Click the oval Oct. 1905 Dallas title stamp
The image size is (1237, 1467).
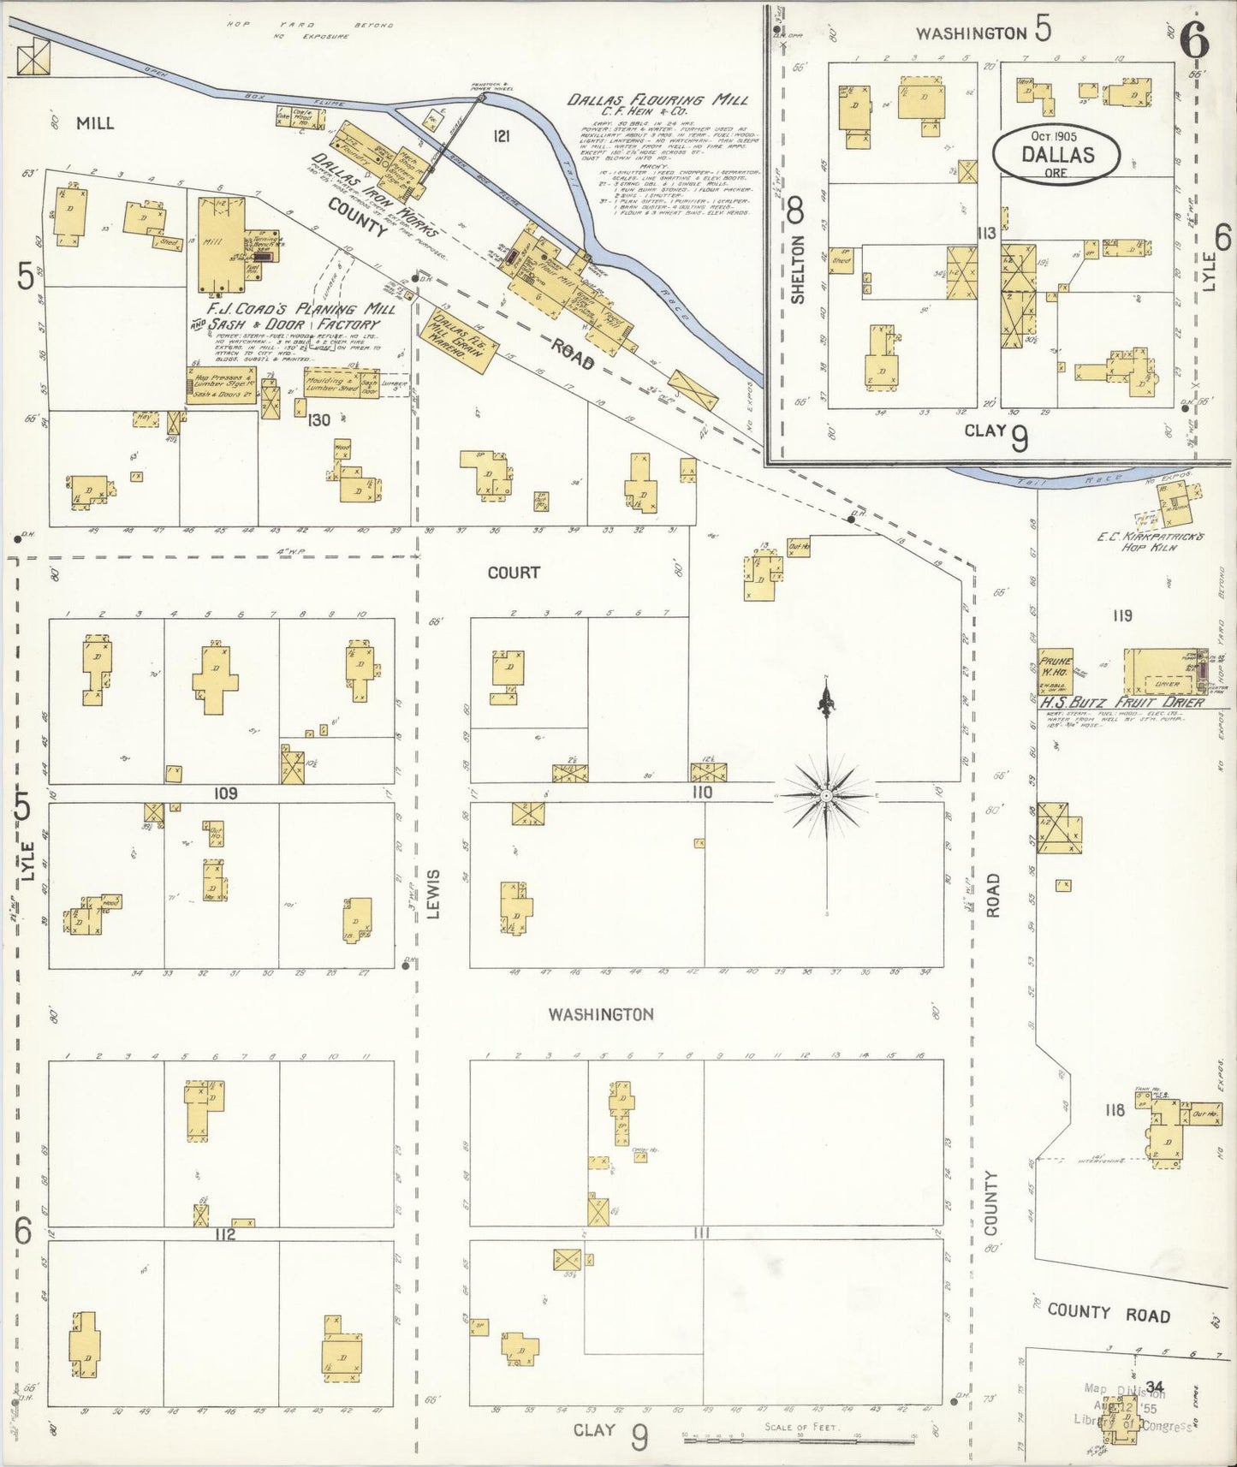(x=1056, y=153)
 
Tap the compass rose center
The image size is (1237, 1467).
(x=826, y=796)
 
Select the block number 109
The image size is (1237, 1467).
(x=225, y=793)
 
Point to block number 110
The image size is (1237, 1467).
(x=703, y=793)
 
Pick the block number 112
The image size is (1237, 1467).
(x=225, y=1234)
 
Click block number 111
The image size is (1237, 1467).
(x=703, y=1232)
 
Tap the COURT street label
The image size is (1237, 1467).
(x=514, y=573)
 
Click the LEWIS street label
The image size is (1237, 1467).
(x=433, y=894)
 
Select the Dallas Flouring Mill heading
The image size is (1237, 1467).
(x=657, y=100)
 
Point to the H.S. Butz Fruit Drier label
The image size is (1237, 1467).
(x=1121, y=702)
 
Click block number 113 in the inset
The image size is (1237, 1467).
(x=986, y=233)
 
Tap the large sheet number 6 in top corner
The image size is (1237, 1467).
(x=1193, y=39)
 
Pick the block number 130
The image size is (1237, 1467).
(x=319, y=419)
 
